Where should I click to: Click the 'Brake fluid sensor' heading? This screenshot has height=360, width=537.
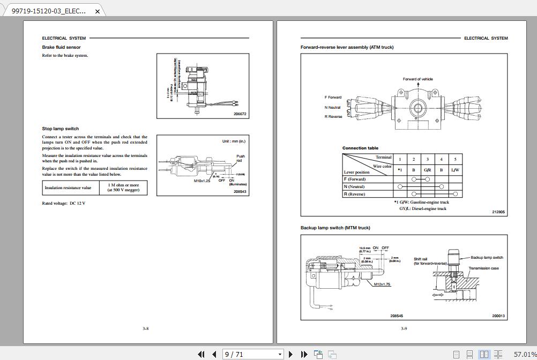pyautogui.click(x=61, y=47)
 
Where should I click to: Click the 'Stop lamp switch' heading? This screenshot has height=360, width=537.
pyautogui.click(x=60, y=129)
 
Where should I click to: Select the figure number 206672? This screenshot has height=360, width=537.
pyautogui.click(x=240, y=114)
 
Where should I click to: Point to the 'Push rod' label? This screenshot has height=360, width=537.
pyautogui.click(x=241, y=159)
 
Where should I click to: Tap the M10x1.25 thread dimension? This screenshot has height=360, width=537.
pyautogui.click(x=202, y=181)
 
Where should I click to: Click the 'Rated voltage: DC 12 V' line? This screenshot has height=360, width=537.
pyautogui.click(x=63, y=204)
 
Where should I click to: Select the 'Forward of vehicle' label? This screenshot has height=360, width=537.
pyautogui.click(x=417, y=79)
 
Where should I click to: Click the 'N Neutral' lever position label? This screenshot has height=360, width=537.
pyautogui.click(x=332, y=107)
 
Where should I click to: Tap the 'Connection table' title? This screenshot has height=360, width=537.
pyautogui.click(x=360, y=148)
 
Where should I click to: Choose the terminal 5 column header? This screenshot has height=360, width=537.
pyautogui.click(x=455, y=159)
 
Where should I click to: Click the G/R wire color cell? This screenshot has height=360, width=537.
pyautogui.click(x=427, y=170)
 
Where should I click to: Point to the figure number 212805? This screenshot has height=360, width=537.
pyautogui.click(x=498, y=212)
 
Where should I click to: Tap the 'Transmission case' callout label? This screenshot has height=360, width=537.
pyautogui.click(x=483, y=268)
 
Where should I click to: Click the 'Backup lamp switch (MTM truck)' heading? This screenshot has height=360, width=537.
pyautogui.click(x=335, y=228)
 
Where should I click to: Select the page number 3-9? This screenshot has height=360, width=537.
pyautogui.click(x=404, y=329)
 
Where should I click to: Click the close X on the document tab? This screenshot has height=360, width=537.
pyautogui.click(x=98, y=11)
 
